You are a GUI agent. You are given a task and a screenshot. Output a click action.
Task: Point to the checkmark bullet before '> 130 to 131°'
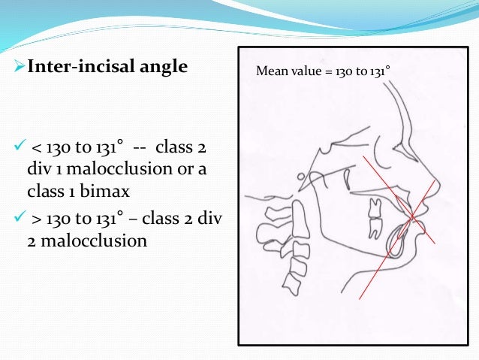pyautogui.click(x=20, y=223)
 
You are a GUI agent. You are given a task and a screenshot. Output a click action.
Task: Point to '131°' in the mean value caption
pyautogui.click(x=380, y=72)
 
